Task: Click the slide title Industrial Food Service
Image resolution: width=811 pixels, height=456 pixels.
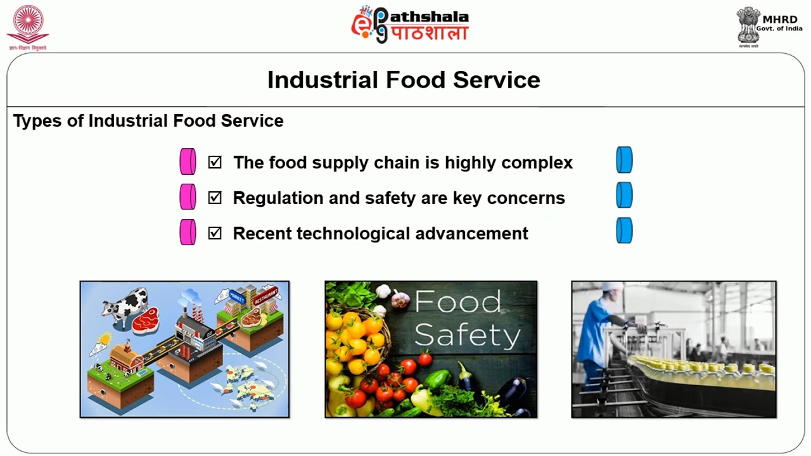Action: coord(404,80)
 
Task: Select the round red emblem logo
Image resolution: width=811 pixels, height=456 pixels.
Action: coord(27,25)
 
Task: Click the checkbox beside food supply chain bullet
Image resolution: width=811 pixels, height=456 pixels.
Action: coord(215,162)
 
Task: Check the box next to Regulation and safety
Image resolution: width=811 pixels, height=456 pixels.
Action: coord(215,198)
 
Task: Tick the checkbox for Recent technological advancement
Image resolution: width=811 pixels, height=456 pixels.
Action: coord(215,233)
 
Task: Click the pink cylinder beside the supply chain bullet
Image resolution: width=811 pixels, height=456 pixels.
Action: coord(188,161)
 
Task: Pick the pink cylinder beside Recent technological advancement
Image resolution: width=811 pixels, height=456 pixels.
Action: coord(188,232)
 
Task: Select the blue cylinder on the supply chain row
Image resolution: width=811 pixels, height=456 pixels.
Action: coord(624,160)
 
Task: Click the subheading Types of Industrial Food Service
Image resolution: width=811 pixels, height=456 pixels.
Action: coord(148,121)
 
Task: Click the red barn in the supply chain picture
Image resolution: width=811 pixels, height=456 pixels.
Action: coord(126,358)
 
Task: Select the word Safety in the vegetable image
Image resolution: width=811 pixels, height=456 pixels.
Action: coord(467,335)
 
